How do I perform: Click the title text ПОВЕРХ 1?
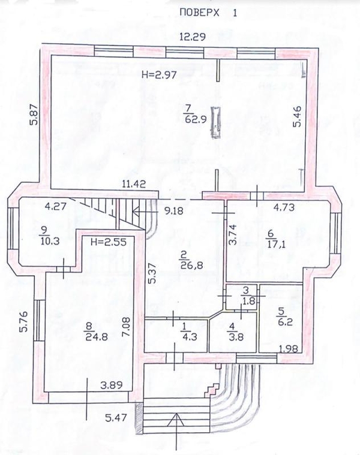coord(208,13)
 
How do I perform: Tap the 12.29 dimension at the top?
coord(193,37)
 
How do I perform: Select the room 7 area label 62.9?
coord(196,119)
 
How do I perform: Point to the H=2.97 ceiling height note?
coord(159,75)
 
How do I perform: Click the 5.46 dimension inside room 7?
coord(297,117)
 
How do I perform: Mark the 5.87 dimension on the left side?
coord(35,114)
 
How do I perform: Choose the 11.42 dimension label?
coord(134,183)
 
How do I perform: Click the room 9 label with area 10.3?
coord(49,236)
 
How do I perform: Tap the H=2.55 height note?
coord(109,242)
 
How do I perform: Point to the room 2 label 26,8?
coord(190,260)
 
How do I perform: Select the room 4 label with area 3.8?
coord(236,332)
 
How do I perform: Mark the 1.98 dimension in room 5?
coord(288,348)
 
